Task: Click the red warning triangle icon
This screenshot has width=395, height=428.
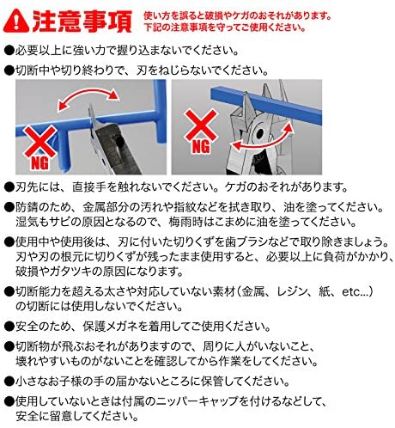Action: coord(16,21)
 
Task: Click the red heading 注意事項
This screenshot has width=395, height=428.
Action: coord(82,21)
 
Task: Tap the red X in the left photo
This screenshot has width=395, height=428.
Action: coord(40,142)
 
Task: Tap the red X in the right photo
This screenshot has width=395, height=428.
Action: coord(202,125)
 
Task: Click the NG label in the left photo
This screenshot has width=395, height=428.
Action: coord(40,163)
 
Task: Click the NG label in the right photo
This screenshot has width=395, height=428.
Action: coord(201,147)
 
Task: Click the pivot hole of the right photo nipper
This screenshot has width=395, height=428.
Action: coord(260,133)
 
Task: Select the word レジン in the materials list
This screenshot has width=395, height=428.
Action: coord(292,292)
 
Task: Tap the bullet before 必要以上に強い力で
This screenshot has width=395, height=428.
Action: coord(9,51)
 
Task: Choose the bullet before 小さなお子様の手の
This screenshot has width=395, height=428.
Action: coord(9,382)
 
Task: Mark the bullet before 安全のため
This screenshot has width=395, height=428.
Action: coord(9,327)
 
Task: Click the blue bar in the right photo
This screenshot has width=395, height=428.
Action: coord(266,106)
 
